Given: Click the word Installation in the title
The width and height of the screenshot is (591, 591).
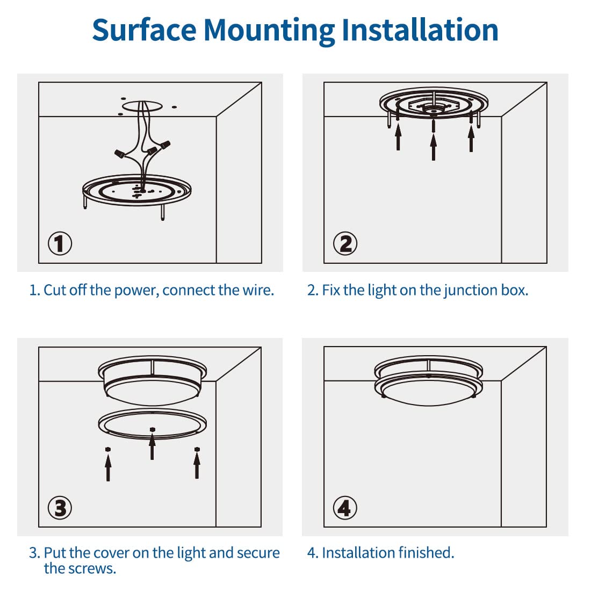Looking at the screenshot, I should coord(420,30).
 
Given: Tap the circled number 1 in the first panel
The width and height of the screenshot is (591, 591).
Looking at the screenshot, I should coord(60,243).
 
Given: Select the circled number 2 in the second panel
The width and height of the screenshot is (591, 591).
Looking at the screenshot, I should coord(345,243).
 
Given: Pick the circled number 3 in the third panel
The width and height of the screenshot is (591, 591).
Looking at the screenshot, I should coord(60,508).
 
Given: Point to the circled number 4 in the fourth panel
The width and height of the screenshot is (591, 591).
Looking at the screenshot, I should coord(345,508).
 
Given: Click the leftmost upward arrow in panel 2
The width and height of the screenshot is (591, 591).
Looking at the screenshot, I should coord(398,136).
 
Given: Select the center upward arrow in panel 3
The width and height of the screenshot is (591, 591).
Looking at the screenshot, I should coord(153,446).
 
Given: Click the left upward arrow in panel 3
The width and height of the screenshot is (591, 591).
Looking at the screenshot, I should coord(109,466).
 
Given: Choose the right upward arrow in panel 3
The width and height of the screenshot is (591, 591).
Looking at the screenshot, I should coord(197,465).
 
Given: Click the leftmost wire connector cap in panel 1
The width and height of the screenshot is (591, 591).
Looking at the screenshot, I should coord(119,154).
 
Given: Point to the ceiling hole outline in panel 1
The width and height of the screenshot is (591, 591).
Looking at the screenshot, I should coord(142,106).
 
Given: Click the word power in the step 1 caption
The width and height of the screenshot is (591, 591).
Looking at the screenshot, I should coord(136,290).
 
